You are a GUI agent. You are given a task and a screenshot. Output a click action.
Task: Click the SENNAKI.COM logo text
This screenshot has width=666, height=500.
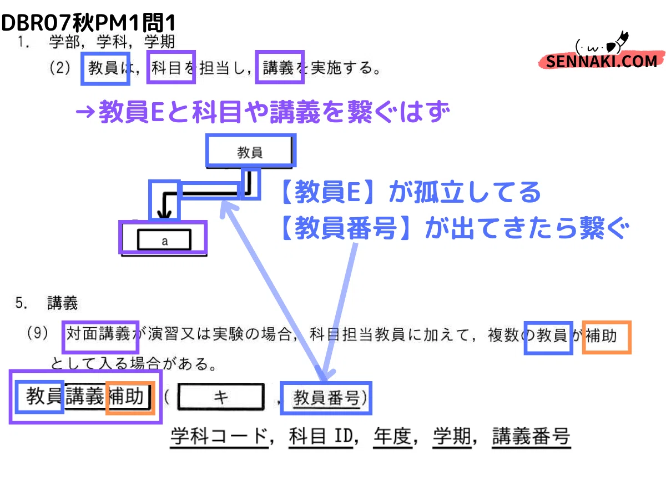click(601, 61)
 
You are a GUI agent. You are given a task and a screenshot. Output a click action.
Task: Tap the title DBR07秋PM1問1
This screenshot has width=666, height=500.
click(88, 22)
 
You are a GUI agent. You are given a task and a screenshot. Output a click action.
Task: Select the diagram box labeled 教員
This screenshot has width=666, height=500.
click(251, 151)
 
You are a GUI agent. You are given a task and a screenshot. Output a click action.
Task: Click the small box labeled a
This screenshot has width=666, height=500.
click(164, 239)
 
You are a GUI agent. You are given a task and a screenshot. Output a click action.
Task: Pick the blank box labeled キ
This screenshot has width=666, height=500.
click(220, 396)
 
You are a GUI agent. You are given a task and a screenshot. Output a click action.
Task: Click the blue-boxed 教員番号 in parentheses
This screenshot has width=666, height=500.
click(326, 398)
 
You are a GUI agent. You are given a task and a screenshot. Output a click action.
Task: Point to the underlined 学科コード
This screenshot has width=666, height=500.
click(220, 436)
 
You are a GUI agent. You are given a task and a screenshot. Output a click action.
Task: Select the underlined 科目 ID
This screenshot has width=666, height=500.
click(321, 436)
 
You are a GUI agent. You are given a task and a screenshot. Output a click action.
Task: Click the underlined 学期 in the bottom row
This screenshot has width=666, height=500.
click(452, 436)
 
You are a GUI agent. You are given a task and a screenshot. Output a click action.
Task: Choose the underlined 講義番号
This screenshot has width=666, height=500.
click(531, 436)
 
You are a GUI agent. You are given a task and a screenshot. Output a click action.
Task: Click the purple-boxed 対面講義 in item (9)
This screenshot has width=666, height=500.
click(100, 337)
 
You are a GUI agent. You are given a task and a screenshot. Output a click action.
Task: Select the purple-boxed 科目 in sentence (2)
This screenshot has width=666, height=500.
click(171, 67)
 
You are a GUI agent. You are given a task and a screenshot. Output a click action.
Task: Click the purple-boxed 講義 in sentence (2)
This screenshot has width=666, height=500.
click(280, 67)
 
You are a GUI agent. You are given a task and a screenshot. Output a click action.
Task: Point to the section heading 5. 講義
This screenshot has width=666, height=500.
click(47, 303)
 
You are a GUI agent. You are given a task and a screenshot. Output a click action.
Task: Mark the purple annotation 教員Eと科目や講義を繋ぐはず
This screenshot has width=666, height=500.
click(263, 112)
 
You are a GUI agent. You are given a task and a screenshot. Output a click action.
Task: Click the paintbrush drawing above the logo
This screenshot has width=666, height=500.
click(617, 43)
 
